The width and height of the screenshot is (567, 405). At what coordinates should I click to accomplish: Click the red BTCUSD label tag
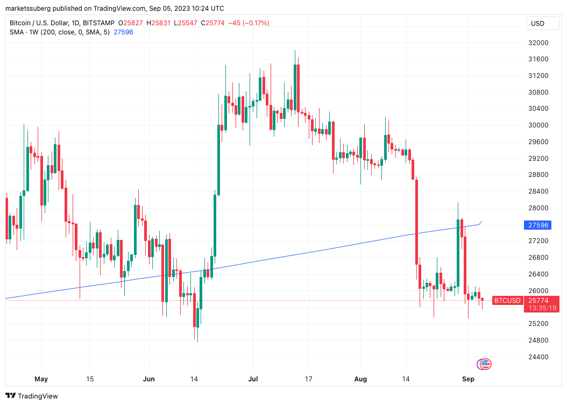pos(507,300)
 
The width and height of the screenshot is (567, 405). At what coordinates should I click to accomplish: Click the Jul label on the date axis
pos(253,379)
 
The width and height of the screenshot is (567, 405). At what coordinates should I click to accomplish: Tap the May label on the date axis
pos(41,379)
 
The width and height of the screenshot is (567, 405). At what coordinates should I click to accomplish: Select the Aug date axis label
pos(360,379)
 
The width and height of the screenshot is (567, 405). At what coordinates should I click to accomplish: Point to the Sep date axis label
pos(469,379)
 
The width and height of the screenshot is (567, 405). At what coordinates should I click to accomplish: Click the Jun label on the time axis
pos(149,379)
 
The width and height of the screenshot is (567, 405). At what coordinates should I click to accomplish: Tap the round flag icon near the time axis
pos(484,364)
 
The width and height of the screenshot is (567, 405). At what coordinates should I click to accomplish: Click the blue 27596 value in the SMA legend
pos(123,32)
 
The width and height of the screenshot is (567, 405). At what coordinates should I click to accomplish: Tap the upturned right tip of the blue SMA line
pos(481,222)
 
